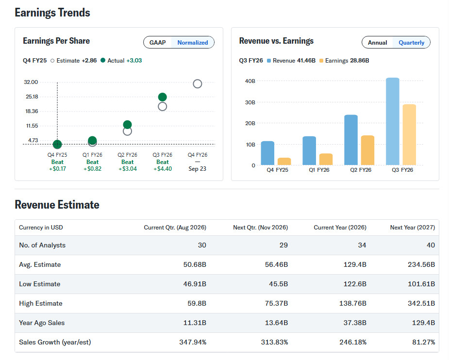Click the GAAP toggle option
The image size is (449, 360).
[157, 43]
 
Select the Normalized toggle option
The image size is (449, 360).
[192, 43]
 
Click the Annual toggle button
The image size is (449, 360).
[378, 43]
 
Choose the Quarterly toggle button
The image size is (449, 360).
[411, 43]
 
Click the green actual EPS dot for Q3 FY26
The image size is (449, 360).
[162, 97]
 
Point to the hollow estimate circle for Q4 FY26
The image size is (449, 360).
[198, 84]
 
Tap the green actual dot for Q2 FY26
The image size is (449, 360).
[128, 125]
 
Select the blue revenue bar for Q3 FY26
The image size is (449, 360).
[393, 121]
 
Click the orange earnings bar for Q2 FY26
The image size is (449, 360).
[367, 150]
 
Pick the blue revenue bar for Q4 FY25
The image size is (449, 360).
[268, 153]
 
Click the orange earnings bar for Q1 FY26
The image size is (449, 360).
[326, 159]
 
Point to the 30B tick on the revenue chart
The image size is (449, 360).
[250, 102]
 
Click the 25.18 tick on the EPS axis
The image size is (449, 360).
[32, 97]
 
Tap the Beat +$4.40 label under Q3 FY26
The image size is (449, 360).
[162, 165]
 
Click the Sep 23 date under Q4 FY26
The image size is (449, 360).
[197, 169]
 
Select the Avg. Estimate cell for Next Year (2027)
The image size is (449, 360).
[421, 264]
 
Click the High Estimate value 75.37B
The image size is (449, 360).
[276, 303]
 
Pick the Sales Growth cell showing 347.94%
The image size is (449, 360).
[193, 342]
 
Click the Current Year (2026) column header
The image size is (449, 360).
[340, 228]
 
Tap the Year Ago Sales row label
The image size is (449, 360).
[42, 323]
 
